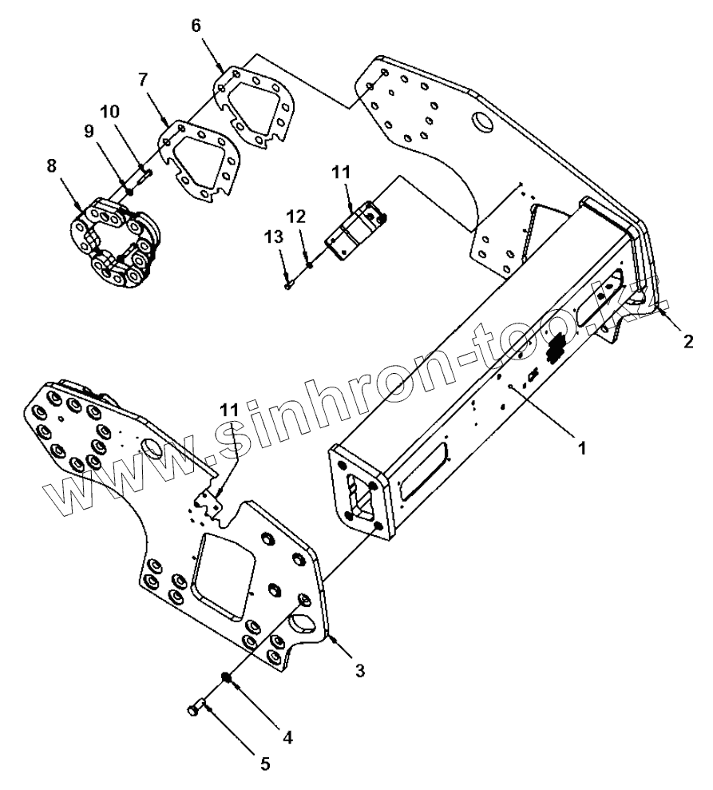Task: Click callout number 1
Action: click(582, 448)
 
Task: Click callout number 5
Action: click(265, 764)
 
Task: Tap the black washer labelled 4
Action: click(227, 679)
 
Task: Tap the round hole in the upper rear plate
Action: click(483, 123)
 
